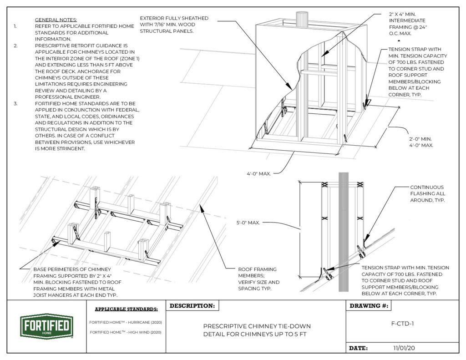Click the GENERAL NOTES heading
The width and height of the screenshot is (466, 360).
pyautogui.click(x=56, y=20)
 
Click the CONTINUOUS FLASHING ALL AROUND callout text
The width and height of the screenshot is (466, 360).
pyautogui.click(x=427, y=193)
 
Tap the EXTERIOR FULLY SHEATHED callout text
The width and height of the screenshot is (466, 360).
pyautogui.click(x=174, y=25)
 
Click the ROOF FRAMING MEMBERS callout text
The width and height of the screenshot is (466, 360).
pyautogui.click(x=258, y=279)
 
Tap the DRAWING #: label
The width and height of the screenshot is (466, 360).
pyautogui.click(x=369, y=306)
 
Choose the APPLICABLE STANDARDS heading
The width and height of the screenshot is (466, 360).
pyautogui.click(x=126, y=309)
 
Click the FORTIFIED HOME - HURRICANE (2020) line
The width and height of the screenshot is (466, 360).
pyautogui.click(x=126, y=322)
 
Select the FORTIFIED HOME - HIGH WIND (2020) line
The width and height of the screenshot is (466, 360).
pyautogui.click(x=126, y=332)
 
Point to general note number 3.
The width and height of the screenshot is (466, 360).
pyautogui.click(x=15, y=104)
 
